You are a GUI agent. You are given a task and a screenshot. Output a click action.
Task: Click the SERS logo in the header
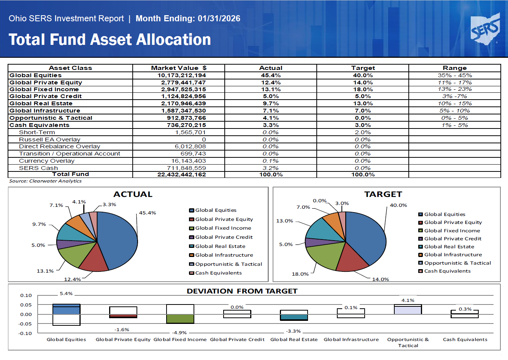485,29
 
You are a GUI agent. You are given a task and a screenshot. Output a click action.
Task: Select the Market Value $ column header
179,68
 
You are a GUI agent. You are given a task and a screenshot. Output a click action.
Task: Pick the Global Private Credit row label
46,96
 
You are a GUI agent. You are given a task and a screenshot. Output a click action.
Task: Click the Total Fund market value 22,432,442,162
182,174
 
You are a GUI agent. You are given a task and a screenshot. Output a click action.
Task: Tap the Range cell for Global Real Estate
454,103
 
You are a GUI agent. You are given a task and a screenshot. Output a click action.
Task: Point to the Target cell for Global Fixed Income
363,89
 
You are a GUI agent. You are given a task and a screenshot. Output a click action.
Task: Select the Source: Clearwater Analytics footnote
45,181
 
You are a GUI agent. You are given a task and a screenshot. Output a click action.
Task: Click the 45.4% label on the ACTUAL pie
148,213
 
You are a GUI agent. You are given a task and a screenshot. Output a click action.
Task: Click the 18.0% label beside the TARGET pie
300,274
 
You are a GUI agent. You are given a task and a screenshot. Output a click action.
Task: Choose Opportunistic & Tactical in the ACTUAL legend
229,264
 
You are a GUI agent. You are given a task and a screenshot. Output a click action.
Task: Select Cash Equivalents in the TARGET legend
447,271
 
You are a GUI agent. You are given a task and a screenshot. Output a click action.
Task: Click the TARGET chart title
383,194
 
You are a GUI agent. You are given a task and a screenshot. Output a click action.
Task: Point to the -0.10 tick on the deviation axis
26,333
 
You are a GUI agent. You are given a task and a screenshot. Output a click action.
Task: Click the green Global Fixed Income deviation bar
180,319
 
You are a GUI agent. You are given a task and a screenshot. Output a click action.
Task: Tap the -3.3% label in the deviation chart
293,331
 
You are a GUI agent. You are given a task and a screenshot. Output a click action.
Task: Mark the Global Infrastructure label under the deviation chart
351,339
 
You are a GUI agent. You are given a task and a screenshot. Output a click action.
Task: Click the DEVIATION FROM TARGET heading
242,291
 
